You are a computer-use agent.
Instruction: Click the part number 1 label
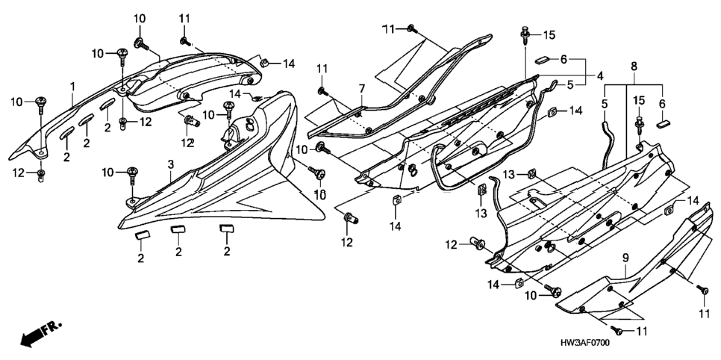(x=72, y=86)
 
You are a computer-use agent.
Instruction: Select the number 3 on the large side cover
(x=171, y=164)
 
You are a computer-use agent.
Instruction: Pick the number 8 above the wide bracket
(x=634, y=66)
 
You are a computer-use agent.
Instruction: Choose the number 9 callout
(x=625, y=259)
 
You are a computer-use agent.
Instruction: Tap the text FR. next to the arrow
(x=51, y=329)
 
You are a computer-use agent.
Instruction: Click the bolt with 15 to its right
(x=525, y=35)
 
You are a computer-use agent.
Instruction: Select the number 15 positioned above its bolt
(x=639, y=100)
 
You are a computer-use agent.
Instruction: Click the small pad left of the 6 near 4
(x=542, y=60)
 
